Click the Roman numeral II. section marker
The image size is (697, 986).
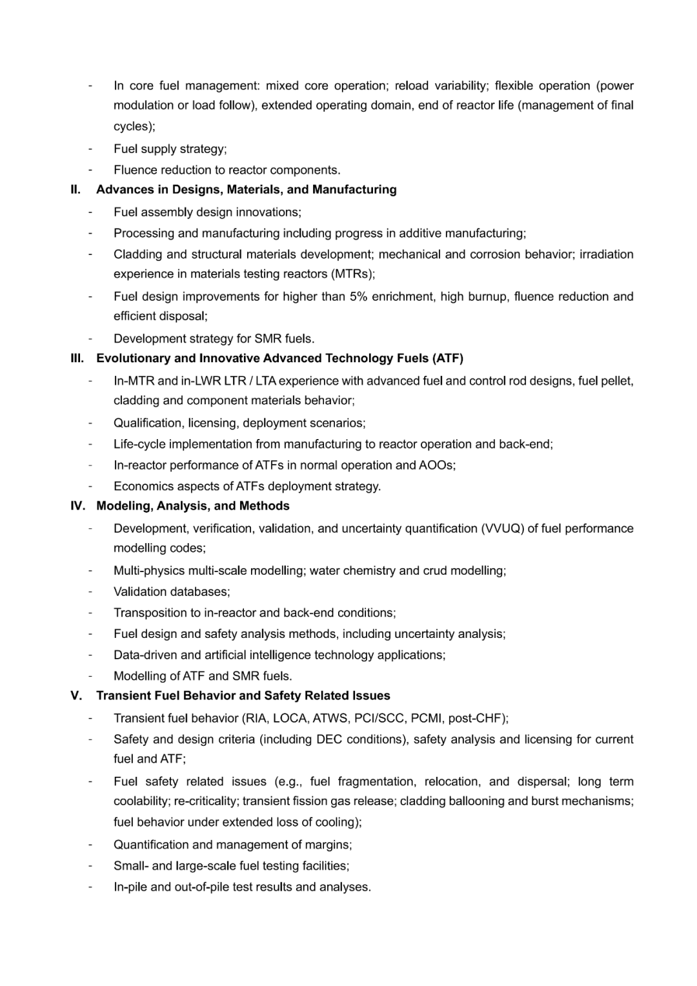pos(76,189)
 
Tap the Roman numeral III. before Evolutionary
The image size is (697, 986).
pos(77,358)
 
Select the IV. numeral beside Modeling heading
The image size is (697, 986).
pos(77,506)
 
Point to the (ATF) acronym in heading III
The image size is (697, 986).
pos(448,358)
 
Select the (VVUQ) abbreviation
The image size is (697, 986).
pos(501,528)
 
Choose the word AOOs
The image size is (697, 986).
pos(436,465)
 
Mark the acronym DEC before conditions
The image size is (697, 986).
pos(329,739)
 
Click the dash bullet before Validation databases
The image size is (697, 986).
pos(91,591)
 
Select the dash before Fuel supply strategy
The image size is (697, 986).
pos(91,149)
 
